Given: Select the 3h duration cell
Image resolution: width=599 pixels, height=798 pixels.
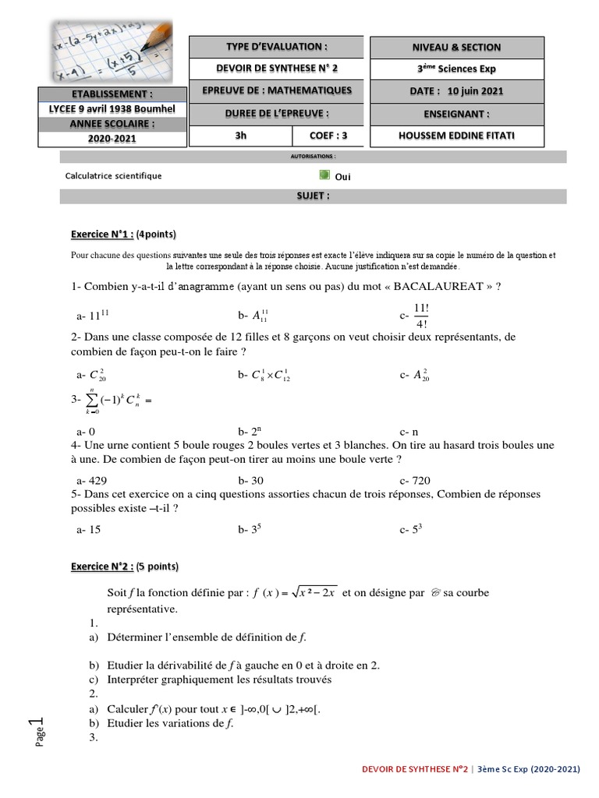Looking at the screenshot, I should pos(240,136).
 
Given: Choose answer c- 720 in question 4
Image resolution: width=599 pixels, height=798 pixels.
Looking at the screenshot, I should pos(415,480).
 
